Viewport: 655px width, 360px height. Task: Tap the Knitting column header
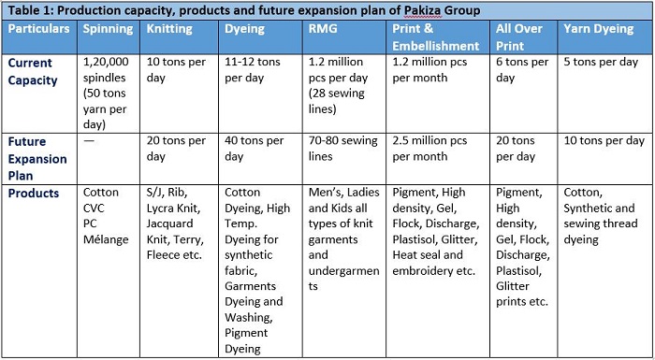[x=169, y=29]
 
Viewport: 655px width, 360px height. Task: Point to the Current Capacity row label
[x=33, y=71]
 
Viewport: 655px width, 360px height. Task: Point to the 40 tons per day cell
[x=255, y=149]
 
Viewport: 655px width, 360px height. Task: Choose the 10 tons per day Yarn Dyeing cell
[x=604, y=140]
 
